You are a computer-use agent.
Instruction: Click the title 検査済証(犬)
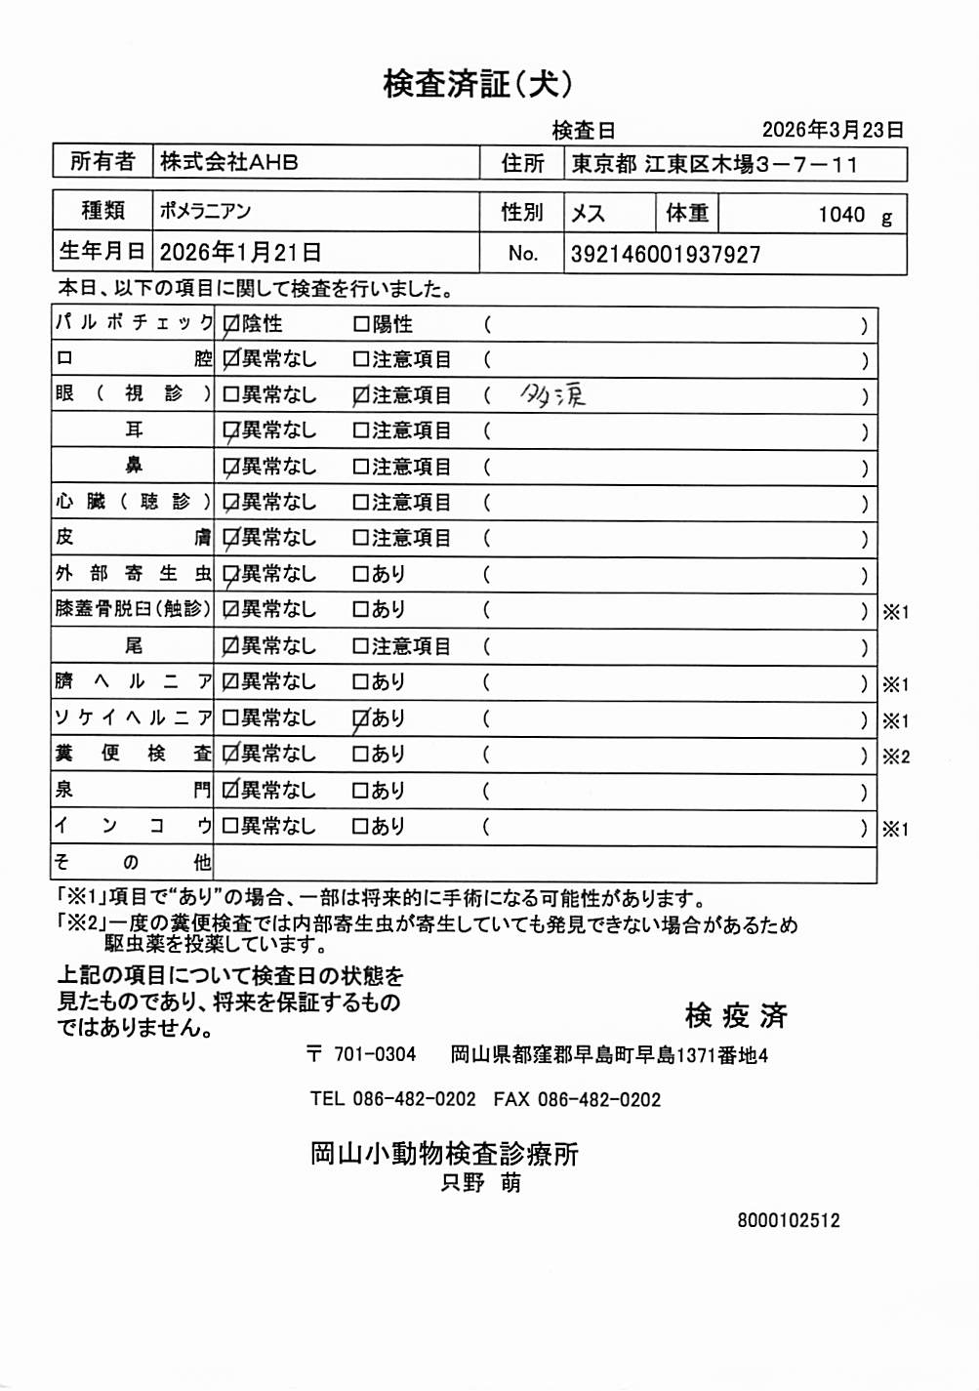pos(477,85)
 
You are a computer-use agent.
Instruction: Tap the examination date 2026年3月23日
pos(833,130)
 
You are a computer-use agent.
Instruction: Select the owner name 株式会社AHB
pos(229,162)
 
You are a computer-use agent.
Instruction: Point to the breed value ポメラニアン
pos(206,211)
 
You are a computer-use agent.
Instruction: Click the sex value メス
pos(588,214)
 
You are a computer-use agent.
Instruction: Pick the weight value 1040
pos(841,215)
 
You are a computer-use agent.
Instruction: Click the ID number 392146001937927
pos(666,255)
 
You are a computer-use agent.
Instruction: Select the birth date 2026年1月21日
pos(241,253)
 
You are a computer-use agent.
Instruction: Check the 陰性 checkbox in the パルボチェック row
pos(231,324)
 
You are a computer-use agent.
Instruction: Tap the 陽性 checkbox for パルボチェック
pos(361,324)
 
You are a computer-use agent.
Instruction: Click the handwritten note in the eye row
pos(553,395)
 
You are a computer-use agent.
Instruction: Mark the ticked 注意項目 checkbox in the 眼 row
pos(361,395)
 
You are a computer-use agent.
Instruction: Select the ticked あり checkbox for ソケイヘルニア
pos(361,719)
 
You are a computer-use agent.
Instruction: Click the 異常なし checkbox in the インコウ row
pos(231,827)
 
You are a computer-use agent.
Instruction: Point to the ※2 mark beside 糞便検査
pos(895,757)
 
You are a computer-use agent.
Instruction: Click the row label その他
pos(132,863)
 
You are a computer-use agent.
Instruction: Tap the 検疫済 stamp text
pos(736,1016)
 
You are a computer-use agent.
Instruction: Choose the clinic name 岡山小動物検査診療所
pos(444,1154)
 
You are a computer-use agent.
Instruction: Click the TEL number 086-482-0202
pos(414,1099)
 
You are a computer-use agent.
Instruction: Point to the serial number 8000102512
pos(789,1220)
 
